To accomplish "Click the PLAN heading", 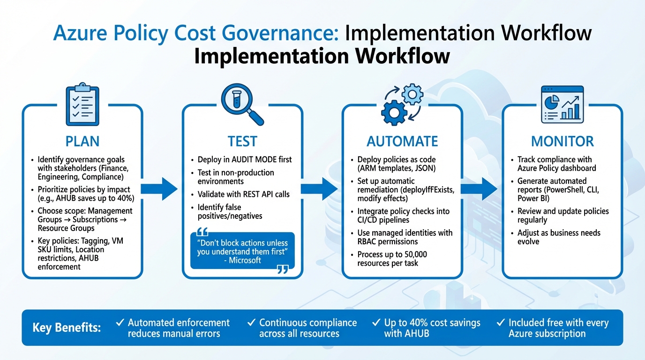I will [x=82, y=141].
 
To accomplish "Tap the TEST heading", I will [x=242, y=141].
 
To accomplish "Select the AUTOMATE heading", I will [x=402, y=141].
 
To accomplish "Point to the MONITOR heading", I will [x=562, y=141].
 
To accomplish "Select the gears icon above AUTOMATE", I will [x=402, y=106].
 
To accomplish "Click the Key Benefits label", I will [x=67, y=327].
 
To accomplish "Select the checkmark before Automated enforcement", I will [x=120, y=322].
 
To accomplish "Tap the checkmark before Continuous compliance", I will [x=251, y=322].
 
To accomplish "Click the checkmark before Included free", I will [x=501, y=322].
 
